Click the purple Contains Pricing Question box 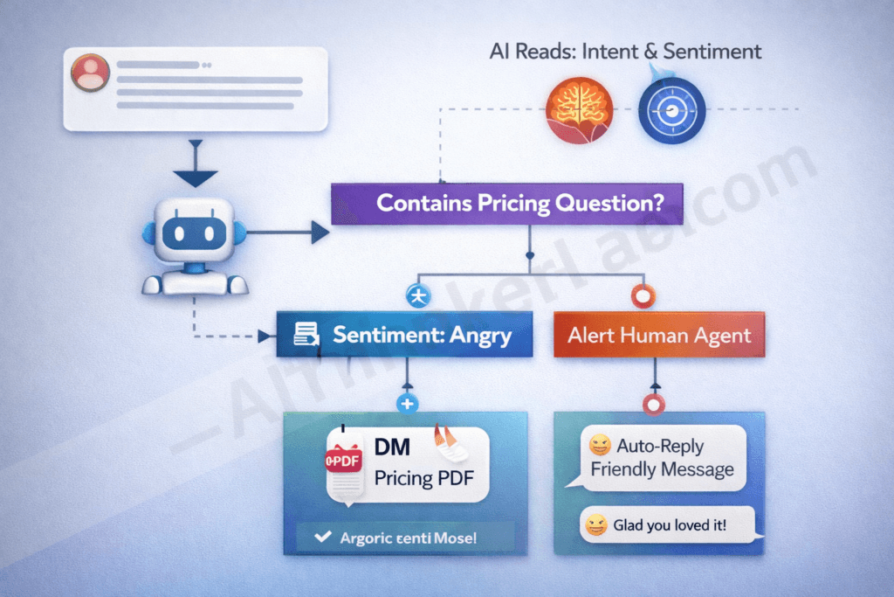[x=506, y=203]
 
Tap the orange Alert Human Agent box [x=659, y=334]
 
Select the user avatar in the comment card [x=90, y=73]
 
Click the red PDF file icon [x=343, y=461]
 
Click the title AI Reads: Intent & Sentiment [x=625, y=51]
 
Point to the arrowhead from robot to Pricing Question [x=320, y=233]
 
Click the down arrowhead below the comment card [x=196, y=177]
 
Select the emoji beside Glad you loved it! [x=596, y=525]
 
